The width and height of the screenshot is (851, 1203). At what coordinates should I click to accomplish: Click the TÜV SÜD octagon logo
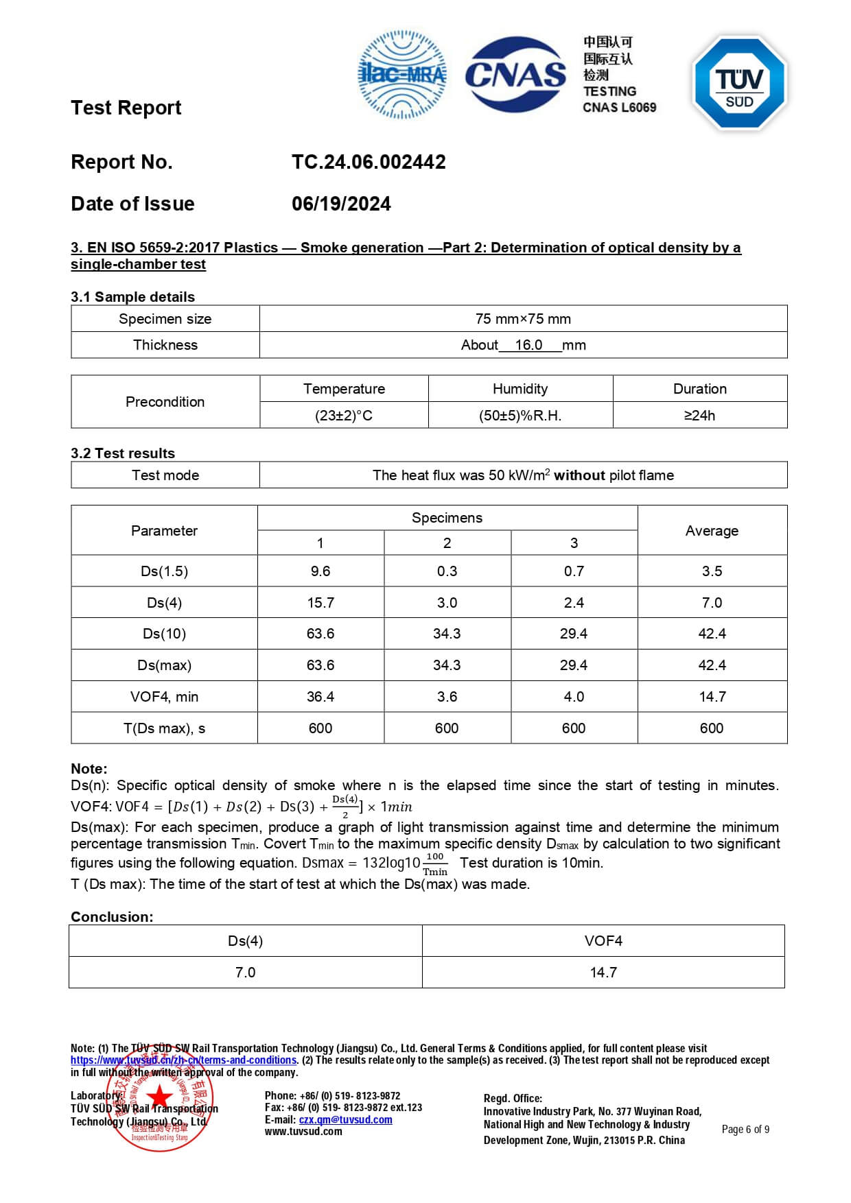click(x=740, y=82)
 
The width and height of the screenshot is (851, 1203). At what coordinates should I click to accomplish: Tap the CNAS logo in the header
click(x=515, y=74)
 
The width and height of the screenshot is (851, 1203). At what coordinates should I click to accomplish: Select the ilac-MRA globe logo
click(x=402, y=74)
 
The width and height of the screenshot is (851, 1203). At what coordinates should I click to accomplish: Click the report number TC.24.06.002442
click(x=369, y=162)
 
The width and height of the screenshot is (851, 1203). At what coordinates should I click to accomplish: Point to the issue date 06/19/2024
click(x=341, y=204)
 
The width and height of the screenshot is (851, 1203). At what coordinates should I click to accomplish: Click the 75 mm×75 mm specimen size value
click(x=523, y=319)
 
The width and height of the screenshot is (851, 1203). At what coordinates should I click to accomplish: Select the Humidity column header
click(x=520, y=389)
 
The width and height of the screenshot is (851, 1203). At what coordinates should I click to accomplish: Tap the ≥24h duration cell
click(x=699, y=416)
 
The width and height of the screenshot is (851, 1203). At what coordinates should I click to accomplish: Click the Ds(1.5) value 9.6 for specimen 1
click(x=320, y=571)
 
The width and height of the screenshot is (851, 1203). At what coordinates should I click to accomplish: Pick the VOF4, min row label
click(x=164, y=697)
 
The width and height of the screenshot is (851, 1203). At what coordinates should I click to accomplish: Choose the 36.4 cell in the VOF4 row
click(x=320, y=697)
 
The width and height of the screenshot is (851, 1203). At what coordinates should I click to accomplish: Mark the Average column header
click(x=712, y=531)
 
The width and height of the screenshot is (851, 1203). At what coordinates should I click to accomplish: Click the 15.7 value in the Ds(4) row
click(x=320, y=603)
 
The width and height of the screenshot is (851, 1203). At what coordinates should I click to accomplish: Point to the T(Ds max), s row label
click(x=164, y=728)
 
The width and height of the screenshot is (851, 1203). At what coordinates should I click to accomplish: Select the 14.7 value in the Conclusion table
click(x=603, y=973)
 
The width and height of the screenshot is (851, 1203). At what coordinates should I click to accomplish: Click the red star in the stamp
click(x=160, y=1096)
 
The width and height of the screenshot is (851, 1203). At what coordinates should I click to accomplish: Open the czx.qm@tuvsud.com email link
click(x=345, y=1120)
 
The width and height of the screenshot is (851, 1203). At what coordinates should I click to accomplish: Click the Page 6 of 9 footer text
click(x=745, y=1130)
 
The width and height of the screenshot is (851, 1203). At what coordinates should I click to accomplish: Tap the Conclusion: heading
click(x=112, y=917)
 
